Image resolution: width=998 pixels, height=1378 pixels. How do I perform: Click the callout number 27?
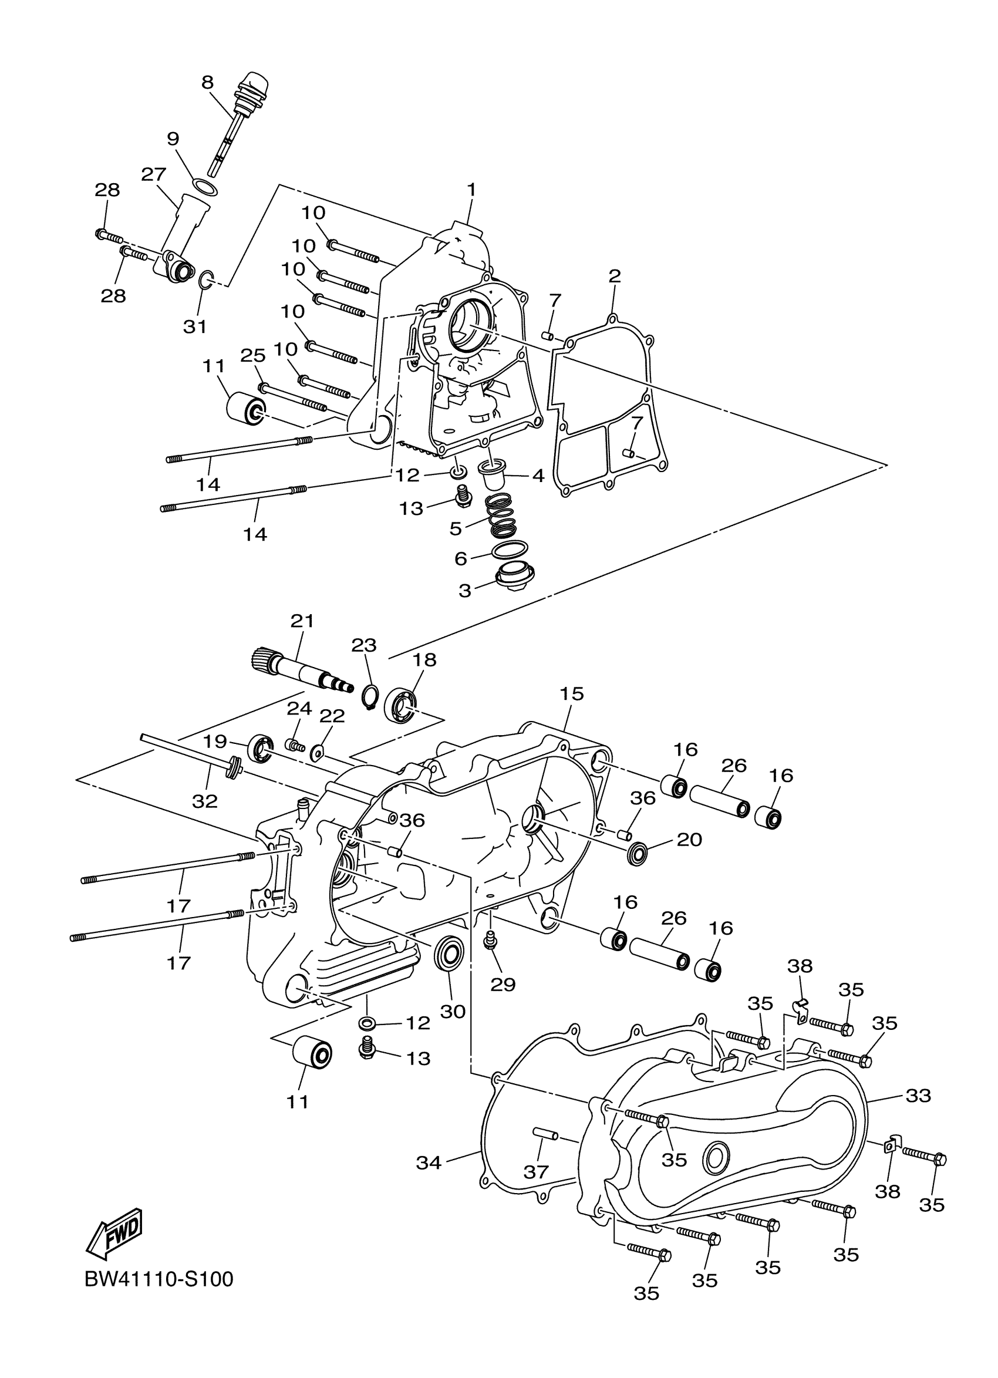153,175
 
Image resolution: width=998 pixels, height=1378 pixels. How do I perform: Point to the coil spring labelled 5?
504,516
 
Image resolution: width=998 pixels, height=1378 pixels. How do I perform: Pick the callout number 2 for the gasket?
615,277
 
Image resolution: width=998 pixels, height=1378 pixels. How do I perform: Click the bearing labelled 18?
402,705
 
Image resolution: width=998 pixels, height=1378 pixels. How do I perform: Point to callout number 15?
572,693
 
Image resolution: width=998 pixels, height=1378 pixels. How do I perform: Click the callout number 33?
918,1096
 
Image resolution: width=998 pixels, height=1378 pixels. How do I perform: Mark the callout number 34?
429,1163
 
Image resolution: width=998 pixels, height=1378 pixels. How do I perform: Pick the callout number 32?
205,801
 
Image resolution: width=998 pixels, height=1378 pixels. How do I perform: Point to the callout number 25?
252,356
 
